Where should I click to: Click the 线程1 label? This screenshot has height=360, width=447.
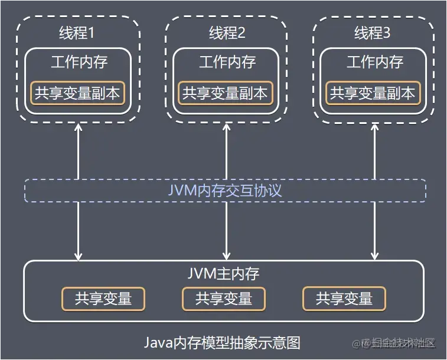[78, 33]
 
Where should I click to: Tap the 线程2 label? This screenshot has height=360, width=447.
[227, 33]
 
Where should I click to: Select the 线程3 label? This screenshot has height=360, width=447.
[373, 33]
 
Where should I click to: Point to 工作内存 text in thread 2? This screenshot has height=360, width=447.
[227, 62]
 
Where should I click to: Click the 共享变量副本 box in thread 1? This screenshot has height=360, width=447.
[78, 93]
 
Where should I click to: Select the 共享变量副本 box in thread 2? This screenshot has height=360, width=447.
[225, 93]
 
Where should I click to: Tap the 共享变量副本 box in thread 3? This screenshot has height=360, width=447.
[373, 93]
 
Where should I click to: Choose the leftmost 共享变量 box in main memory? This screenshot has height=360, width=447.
[103, 299]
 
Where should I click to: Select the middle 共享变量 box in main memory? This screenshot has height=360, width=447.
[224, 299]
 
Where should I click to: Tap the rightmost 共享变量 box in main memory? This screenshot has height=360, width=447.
[344, 299]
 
